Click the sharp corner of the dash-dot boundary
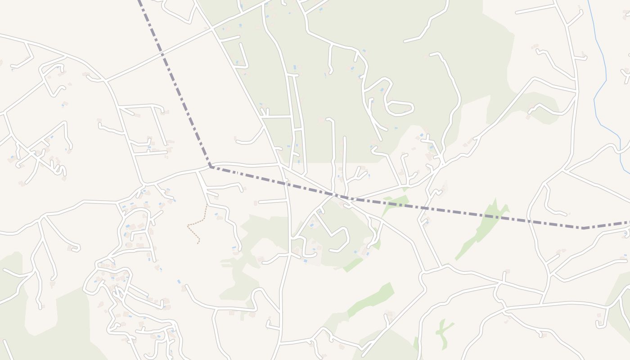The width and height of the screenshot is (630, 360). click(211, 167)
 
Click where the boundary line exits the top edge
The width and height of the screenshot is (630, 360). click(139, 1)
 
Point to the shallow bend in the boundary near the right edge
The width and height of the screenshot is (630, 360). click(583, 228)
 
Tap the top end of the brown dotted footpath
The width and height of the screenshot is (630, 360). click(207, 206)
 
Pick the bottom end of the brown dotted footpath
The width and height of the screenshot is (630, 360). click(198, 243)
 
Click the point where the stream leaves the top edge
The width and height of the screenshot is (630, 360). click(588, 1)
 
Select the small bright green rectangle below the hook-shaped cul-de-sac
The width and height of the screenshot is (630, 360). click(353, 265)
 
